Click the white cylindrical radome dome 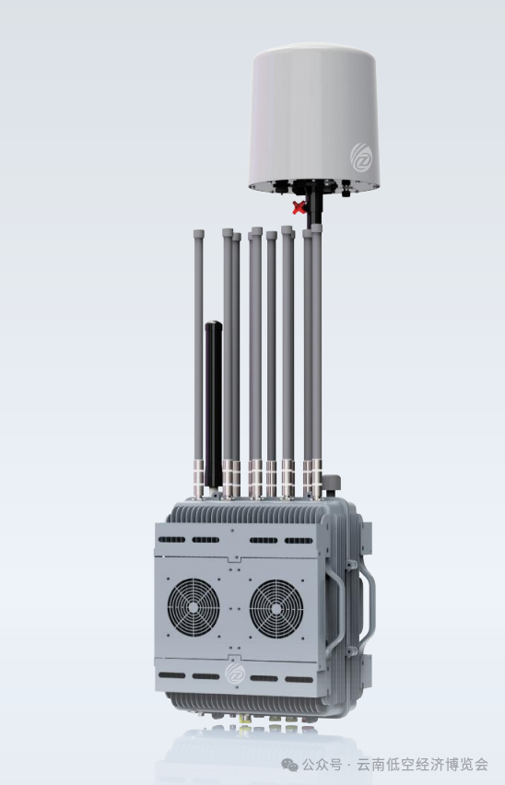click(313, 118)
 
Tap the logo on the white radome click(361, 158)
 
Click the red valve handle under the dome click(299, 207)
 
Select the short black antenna click(213, 404)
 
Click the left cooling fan click(194, 607)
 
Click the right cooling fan click(276, 609)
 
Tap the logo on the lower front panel click(235, 673)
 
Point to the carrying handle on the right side click(367, 607)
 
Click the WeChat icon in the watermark click(289, 765)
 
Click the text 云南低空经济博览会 click(422, 765)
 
